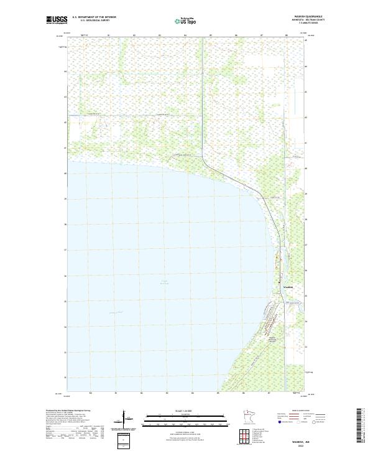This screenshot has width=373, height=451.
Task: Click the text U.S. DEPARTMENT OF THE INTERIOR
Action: pos(94,17)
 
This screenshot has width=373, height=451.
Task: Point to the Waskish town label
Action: pos(288,287)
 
